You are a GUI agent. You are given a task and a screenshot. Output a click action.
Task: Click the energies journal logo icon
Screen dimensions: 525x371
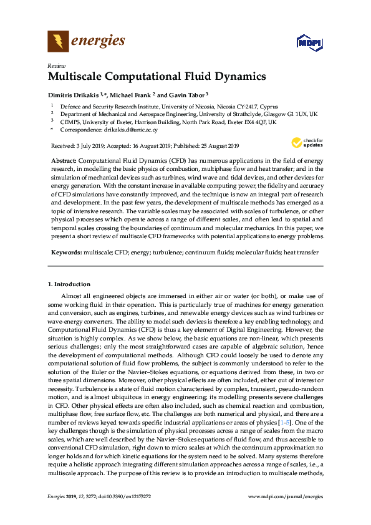(59, 42)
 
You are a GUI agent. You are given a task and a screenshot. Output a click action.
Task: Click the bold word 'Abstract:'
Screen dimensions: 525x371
(64, 160)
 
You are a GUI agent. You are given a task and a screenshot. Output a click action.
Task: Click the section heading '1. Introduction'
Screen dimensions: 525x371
(68, 284)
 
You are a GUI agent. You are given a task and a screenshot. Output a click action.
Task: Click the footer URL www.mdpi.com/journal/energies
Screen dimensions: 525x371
(286, 496)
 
